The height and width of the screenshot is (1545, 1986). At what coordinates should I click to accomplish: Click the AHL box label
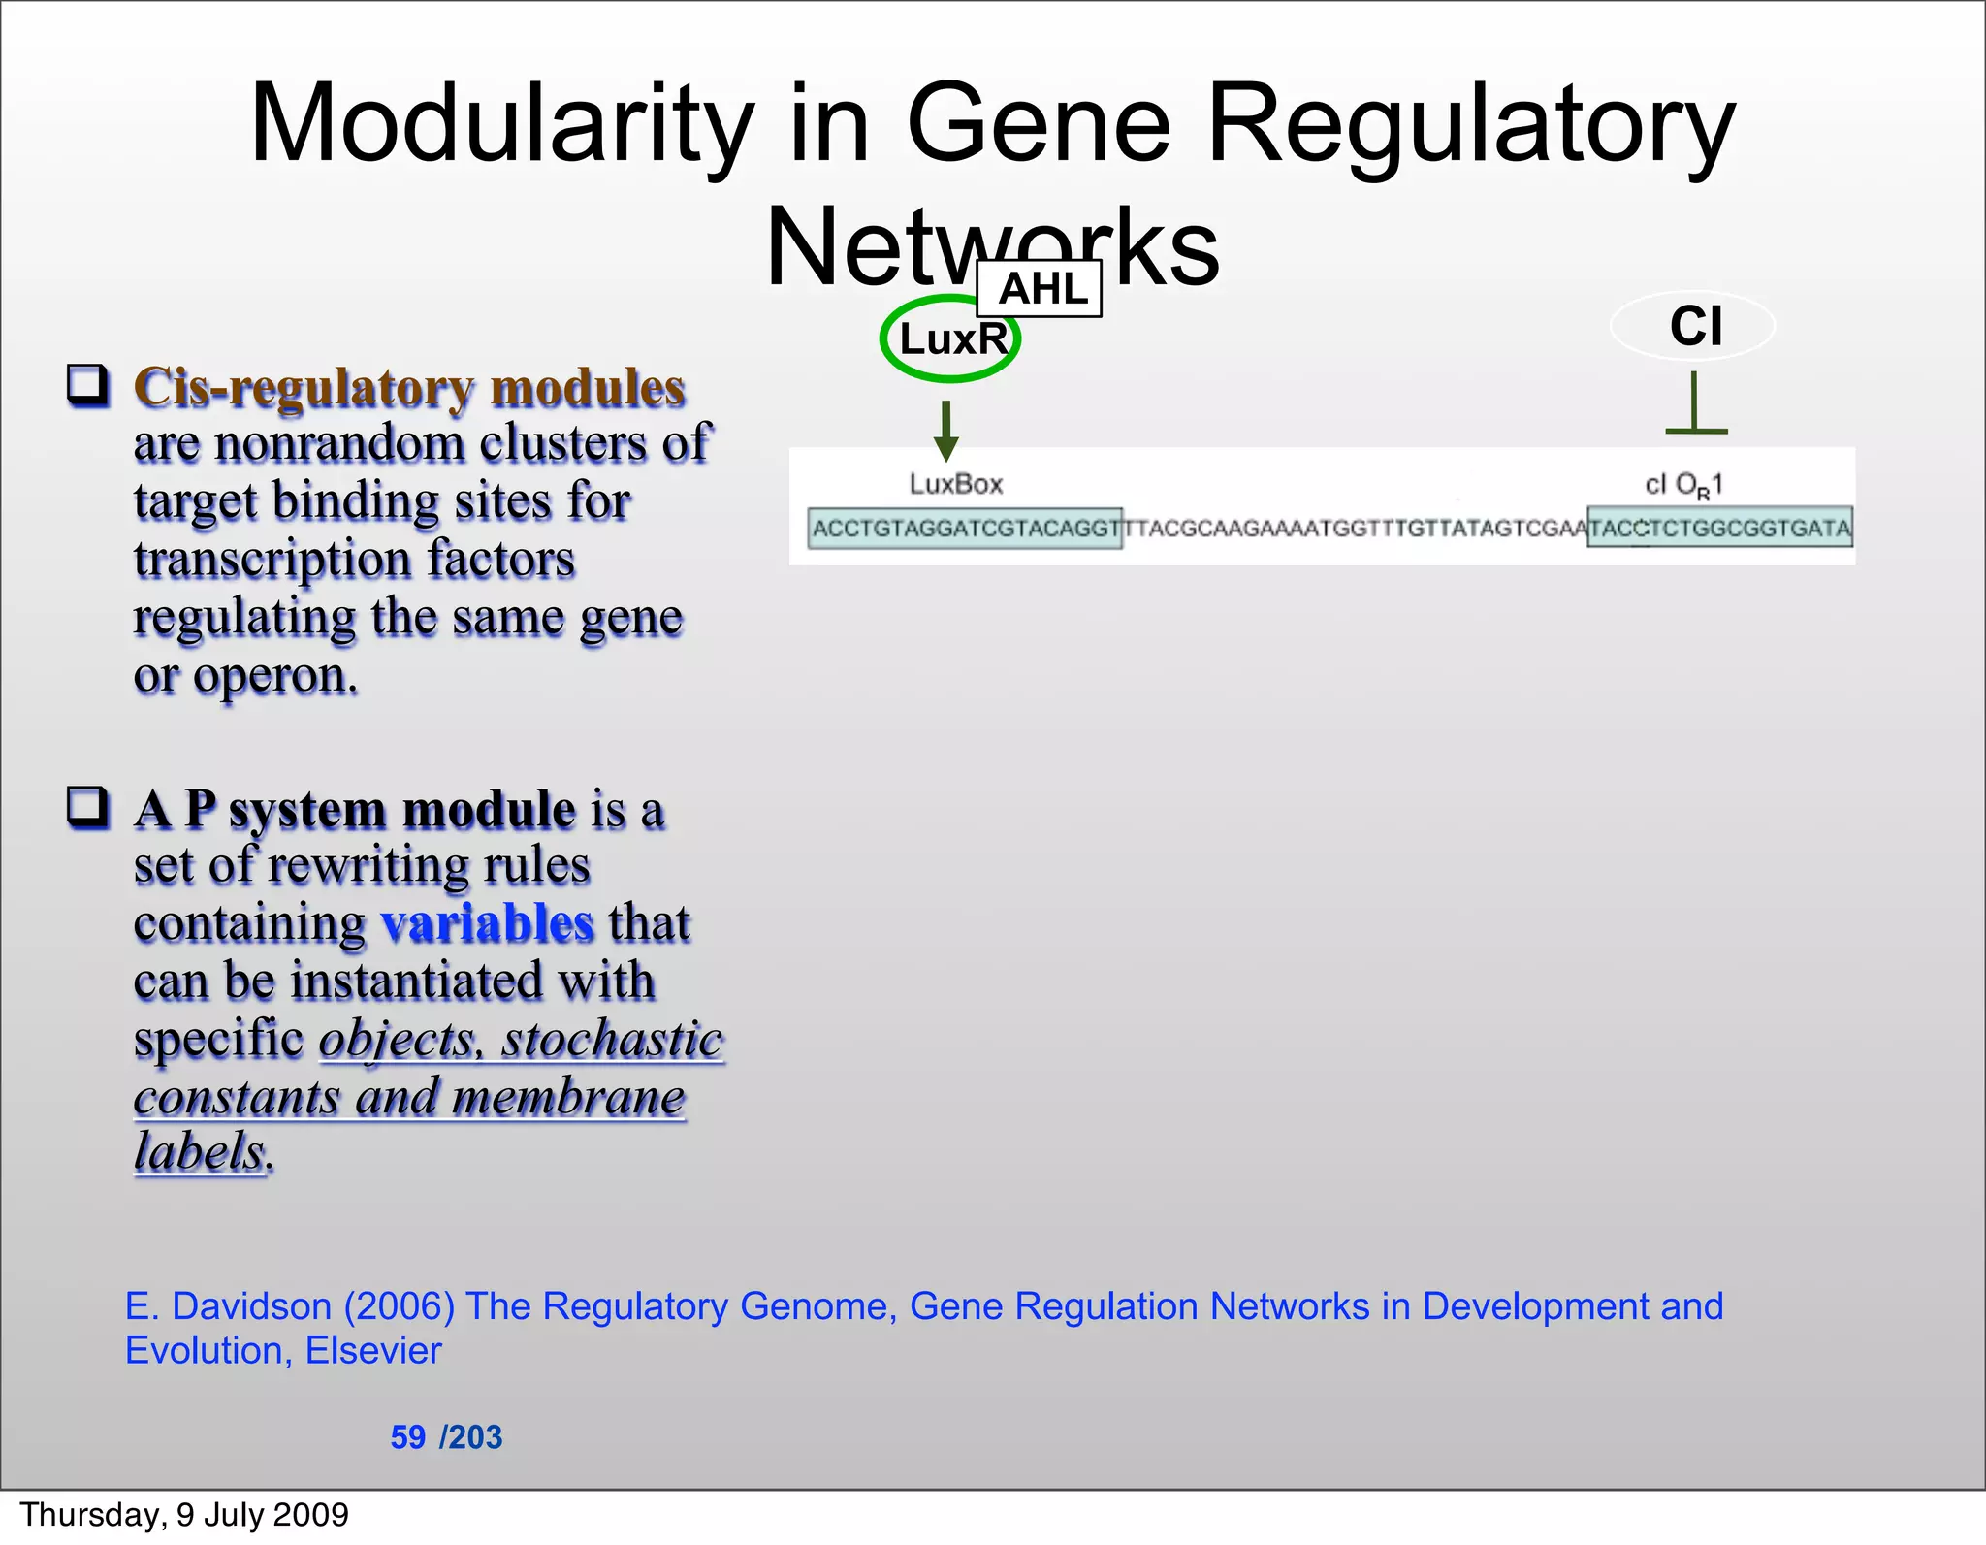[x=1040, y=289]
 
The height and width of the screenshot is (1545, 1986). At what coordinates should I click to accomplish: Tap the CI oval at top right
[x=1693, y=326]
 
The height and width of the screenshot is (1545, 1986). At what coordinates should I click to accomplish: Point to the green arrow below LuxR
[x=946, y=432]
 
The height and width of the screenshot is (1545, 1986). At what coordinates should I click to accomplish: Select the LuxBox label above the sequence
[x=955, y=484]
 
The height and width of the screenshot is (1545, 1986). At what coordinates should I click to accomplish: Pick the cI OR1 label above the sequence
[x=1683, y=484]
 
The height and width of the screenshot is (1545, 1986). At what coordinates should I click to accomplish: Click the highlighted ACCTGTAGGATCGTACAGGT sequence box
[x=965, y=529]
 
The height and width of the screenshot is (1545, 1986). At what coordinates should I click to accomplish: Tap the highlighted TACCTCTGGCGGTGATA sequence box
[x=1719, y=528]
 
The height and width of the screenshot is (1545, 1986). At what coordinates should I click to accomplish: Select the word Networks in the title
[x=991, y=248]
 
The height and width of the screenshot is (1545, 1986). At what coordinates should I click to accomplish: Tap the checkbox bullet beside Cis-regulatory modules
[x=87, y=385]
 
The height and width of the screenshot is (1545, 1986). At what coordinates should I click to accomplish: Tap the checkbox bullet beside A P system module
[x=87, y=807]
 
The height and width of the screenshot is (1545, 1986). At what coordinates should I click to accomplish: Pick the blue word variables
[x=486, y=922]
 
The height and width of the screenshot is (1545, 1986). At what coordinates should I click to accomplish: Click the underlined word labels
[x=200, y=1152]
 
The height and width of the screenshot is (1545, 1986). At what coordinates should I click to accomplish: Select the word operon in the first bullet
[x=275, y=675]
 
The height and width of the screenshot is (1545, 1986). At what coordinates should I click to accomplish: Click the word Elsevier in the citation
[x=373, y=1350]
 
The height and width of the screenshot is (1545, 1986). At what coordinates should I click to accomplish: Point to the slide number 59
[x=407, y=1436]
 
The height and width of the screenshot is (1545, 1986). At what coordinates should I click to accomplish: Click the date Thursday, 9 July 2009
[x=184, y=1515]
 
